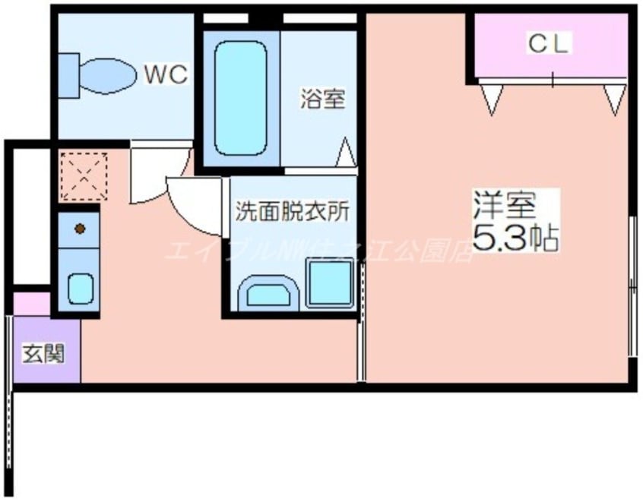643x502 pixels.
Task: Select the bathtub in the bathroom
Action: (240, 98)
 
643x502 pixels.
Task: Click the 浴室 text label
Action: (322, 99)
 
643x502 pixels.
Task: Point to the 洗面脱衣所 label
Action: (292, 212)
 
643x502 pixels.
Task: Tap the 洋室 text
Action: (505, 205)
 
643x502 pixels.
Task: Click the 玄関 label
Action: (43, 353)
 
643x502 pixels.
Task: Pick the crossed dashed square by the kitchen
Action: (83, 175)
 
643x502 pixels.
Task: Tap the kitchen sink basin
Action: (79, 288)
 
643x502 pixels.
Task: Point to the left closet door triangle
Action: (492, 99)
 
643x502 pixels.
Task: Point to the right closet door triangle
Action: (614, 99)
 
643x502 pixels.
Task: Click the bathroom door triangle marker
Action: (346, 153)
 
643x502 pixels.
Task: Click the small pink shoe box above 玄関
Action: (31, 303)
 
